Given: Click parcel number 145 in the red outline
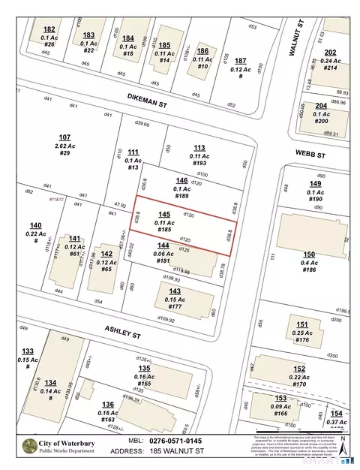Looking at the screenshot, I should pos(164,214).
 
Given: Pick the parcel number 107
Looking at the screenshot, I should pos(64,137).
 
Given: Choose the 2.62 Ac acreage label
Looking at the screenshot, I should pos(64,145).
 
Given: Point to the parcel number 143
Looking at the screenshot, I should pos(175,291).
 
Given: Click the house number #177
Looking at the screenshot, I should pos(175,307).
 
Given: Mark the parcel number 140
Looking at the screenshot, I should pos(35,225).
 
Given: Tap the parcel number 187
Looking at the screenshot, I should pos(239,60).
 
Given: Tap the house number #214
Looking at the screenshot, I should pos(331,68).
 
